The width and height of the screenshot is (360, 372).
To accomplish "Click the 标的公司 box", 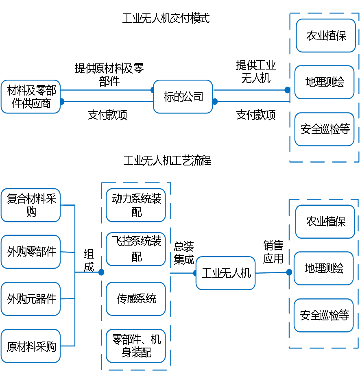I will [x=183, y=97].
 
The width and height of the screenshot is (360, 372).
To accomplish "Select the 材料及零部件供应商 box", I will [x=31, y=97].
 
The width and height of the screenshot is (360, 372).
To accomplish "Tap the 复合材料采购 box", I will [x=31, y=205].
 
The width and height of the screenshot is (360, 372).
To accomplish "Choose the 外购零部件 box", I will [x=31, y=252].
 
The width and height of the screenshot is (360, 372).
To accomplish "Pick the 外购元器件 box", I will [x=31, y=299].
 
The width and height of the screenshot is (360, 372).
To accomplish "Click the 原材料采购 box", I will [x=31, y=346].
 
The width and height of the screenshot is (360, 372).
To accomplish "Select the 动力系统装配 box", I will [x=136, y=205].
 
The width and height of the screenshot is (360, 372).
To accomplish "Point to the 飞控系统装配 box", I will [x=136, y=249].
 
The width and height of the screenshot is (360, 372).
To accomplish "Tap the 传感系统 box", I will [x=136, y=299].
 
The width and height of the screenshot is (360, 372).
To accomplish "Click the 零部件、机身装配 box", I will [x=136, y=346].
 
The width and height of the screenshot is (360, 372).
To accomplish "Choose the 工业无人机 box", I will [x=226, y=273].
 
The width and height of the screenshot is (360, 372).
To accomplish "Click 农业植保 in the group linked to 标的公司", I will [x=326, y=35].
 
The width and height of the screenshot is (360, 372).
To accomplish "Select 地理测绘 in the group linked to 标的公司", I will [x=325, y=82].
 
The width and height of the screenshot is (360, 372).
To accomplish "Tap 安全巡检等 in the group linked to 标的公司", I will [x=325, y=129].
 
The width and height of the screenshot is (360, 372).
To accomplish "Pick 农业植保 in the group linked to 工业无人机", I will [x=325, y=222].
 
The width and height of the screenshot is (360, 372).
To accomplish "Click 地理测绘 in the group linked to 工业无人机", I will [x=324, y=268].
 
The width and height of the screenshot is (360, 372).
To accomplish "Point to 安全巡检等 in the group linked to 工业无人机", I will [x=324, y=315].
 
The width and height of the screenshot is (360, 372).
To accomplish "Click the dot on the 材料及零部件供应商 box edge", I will [x=62, y=102].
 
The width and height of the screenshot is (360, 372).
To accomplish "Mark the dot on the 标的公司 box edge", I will [x=215, y=102].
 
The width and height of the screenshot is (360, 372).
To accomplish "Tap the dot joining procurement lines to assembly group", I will [x=101, y=272].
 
